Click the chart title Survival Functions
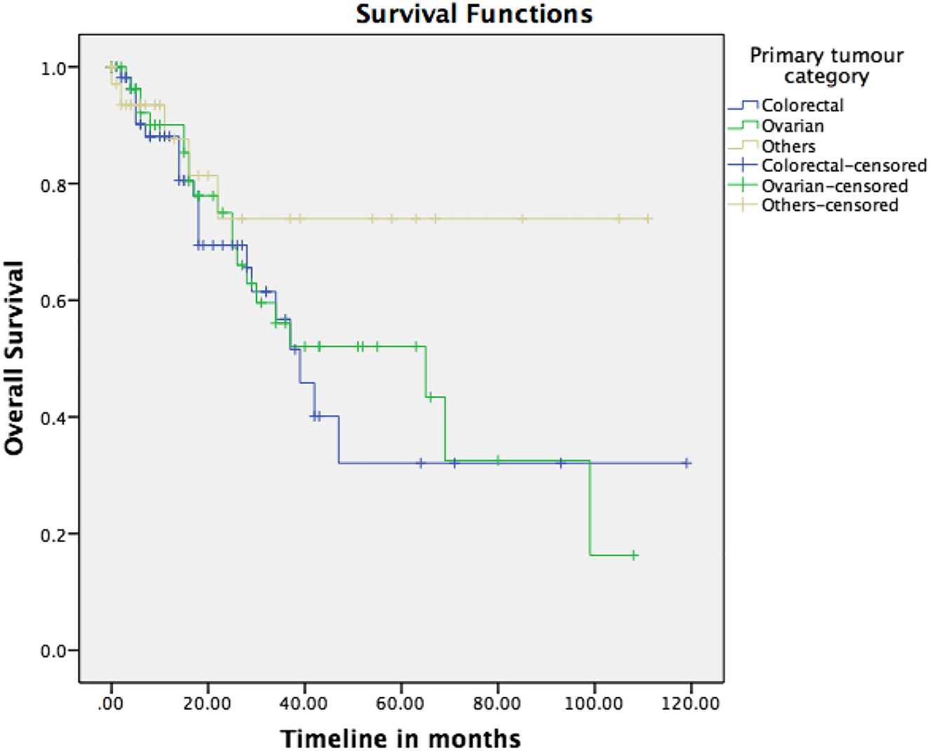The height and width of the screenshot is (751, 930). [x=474, y=14]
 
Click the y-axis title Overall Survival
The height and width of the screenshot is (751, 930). [x=15, y=358]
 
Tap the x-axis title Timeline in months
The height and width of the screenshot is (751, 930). [x=401, y=738]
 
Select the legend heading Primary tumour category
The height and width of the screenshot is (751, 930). [x=826, y=65]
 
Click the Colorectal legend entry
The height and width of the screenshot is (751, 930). [x=802, y=105]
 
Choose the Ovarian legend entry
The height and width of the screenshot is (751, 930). [x=792, y=126]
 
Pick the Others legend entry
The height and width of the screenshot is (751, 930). [x=788, y=146]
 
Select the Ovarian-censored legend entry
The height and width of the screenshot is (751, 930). [x=835, y=186]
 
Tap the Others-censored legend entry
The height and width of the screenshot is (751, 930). [x=830, y=205]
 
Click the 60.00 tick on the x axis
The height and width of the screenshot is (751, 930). [x=401, y=703]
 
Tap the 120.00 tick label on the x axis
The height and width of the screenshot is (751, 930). [x=691, y=703]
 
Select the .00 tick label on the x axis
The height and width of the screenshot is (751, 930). [x=111, y=703]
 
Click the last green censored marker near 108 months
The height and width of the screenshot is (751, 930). [x=634, y=555]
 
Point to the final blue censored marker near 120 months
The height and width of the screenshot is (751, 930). [x=687, y=463]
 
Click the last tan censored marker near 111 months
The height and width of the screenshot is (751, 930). [x=648, y=219]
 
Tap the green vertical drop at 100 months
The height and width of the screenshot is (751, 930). [x=590, y=508]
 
